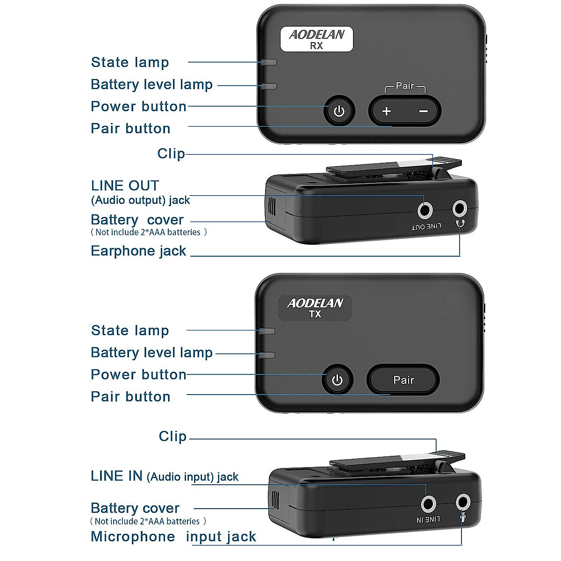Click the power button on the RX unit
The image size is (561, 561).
click(339, 111)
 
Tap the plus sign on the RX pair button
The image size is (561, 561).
click(387, 111)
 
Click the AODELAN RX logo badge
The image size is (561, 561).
click(316, 39)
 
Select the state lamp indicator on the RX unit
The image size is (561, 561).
click(270, 62)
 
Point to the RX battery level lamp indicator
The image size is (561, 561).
click(270, 86)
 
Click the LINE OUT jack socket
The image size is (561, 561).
click(424, 210)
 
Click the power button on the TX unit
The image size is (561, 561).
click(337, 380)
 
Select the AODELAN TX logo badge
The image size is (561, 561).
click(315, 308)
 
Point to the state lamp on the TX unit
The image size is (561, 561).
click(267, 331)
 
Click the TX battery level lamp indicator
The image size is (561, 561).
click(267, 355)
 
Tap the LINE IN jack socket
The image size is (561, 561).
click(428, 504)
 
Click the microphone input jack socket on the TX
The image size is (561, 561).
click(463, 502)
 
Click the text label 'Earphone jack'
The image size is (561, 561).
click(138, 251)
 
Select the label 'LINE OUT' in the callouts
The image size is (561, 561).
click(125, 186)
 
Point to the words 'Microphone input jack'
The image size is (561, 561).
click(173, 537)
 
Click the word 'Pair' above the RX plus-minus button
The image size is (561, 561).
click(405, 86)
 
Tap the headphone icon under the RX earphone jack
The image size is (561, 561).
click(460, 223)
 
